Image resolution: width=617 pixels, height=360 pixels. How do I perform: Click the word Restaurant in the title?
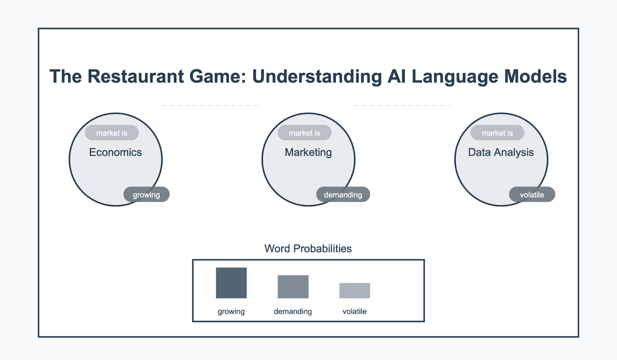[135, 76]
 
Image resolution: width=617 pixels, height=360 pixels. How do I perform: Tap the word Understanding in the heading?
[317, 77]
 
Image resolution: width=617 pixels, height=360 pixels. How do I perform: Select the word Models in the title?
[535, 76]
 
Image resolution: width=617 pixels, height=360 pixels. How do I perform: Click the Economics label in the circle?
[115, 152]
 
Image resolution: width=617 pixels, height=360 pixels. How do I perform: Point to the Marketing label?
[308, 153]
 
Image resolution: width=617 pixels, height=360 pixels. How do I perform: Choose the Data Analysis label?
[501, 153]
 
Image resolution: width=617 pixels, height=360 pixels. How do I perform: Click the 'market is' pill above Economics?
[112, 133]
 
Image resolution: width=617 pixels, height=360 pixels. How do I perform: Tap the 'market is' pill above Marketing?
[305, 133]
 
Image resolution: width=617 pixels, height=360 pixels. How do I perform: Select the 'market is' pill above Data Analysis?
[497, 133]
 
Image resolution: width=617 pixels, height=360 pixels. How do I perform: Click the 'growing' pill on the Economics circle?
[147, 194]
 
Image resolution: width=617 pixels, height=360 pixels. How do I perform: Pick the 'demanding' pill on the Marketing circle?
[343, 194]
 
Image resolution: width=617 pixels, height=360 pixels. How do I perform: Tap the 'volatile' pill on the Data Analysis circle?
[532, 194]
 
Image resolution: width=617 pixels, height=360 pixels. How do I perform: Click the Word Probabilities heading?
[308, 249]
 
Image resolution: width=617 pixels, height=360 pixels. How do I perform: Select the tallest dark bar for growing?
[231, 283]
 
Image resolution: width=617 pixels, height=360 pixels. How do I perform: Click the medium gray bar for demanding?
[293, 287]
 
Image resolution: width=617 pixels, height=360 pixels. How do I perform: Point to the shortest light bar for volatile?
[355, 291]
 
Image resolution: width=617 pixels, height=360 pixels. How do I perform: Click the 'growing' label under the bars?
[231, 311]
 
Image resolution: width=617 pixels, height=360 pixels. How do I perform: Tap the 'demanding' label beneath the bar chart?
[293, 311]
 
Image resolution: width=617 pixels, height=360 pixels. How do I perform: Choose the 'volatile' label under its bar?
[354, 311]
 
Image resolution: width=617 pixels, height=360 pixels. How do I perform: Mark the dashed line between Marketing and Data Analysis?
[403, 105]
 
